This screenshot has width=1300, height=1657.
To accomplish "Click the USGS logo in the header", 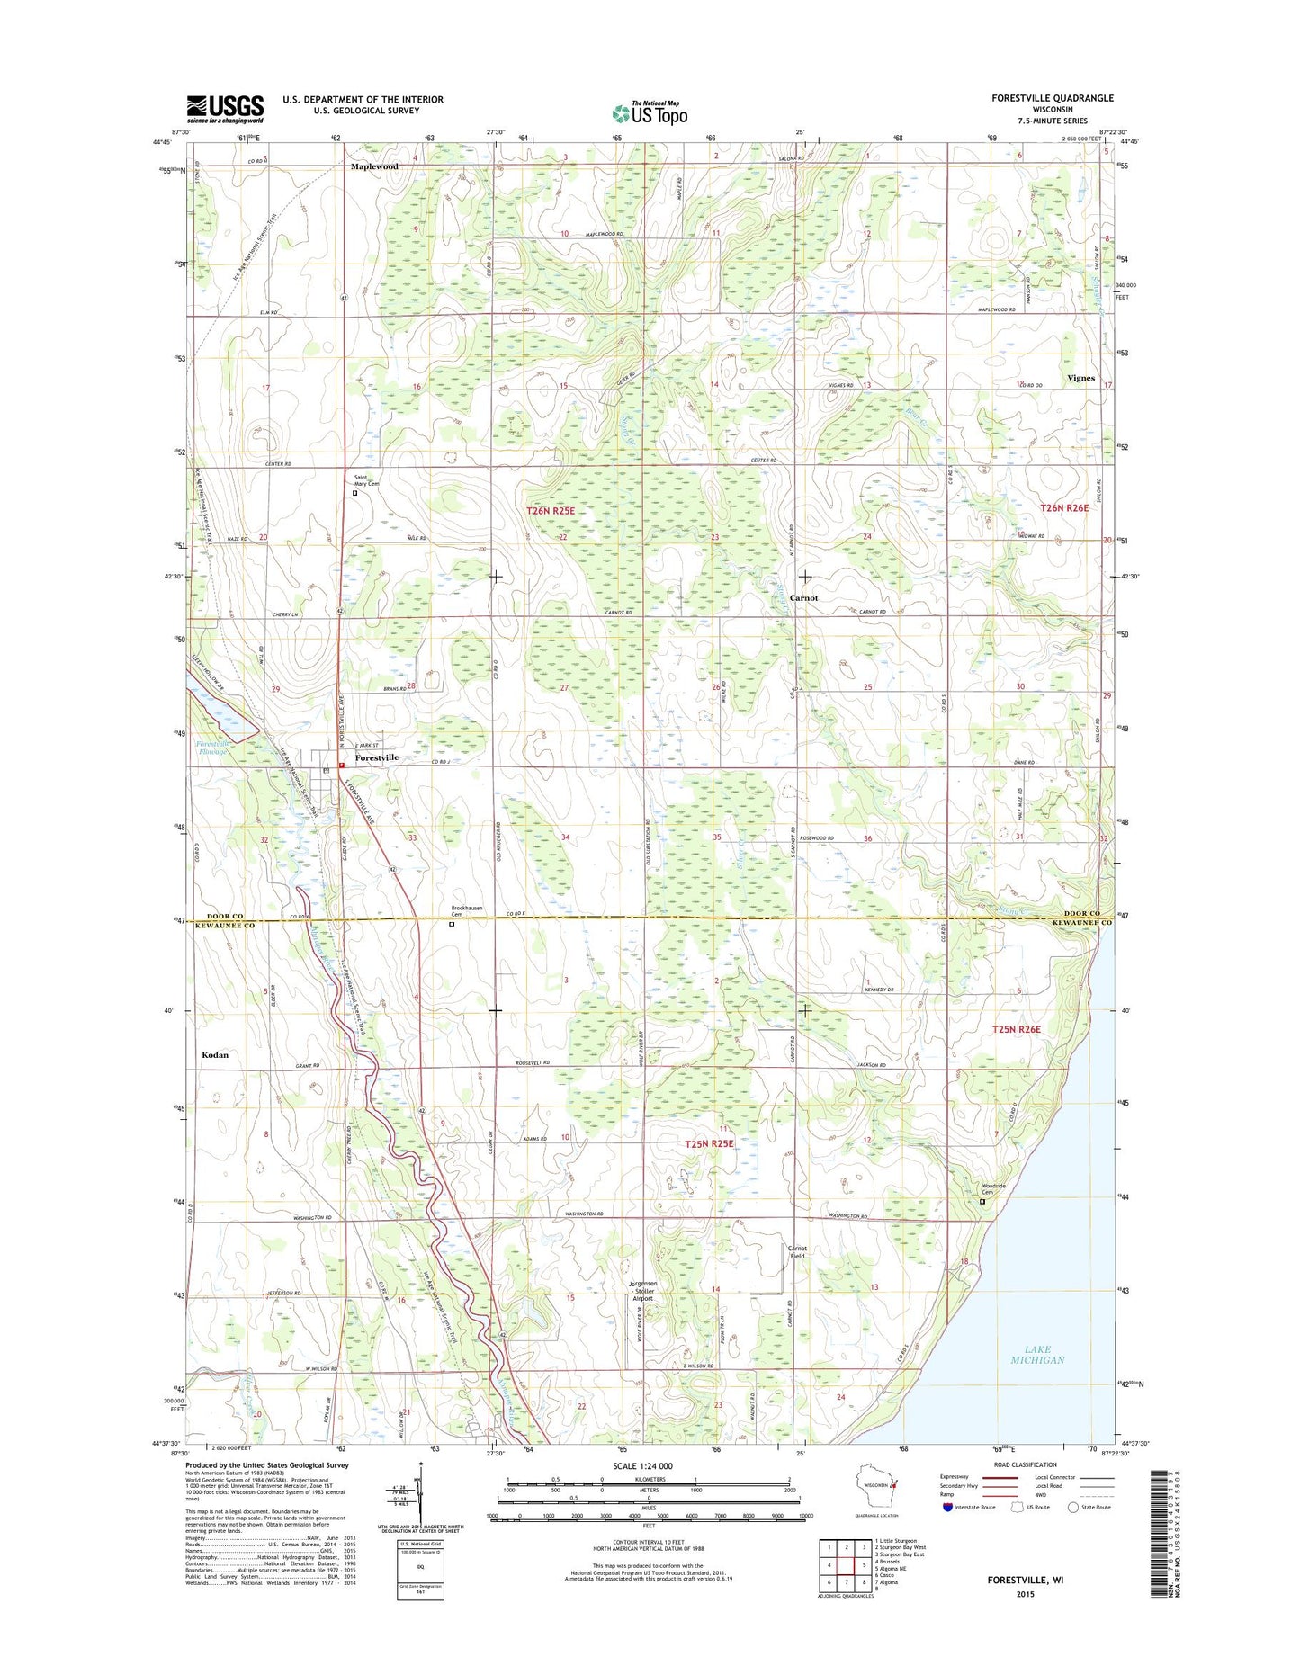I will click(x=225, y=108).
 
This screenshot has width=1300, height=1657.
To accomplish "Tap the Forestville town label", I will click(x=376, y=757).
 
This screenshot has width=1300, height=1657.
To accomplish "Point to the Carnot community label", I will click(x=803, y=597).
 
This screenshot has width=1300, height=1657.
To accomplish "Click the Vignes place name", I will click(x=1080, y=378).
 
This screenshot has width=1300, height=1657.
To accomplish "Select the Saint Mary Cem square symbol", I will click(x=354, y=493).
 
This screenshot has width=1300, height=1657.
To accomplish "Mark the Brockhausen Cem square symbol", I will click(x=452, y=924).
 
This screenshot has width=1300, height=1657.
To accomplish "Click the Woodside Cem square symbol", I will click(x=982, y=1201).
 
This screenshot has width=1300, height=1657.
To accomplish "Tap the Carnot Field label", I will click(x=797, y=1251).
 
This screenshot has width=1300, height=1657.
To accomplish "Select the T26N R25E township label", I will click(x=551, y=511).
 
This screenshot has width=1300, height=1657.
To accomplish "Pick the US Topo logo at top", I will click(x=650, y=112).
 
